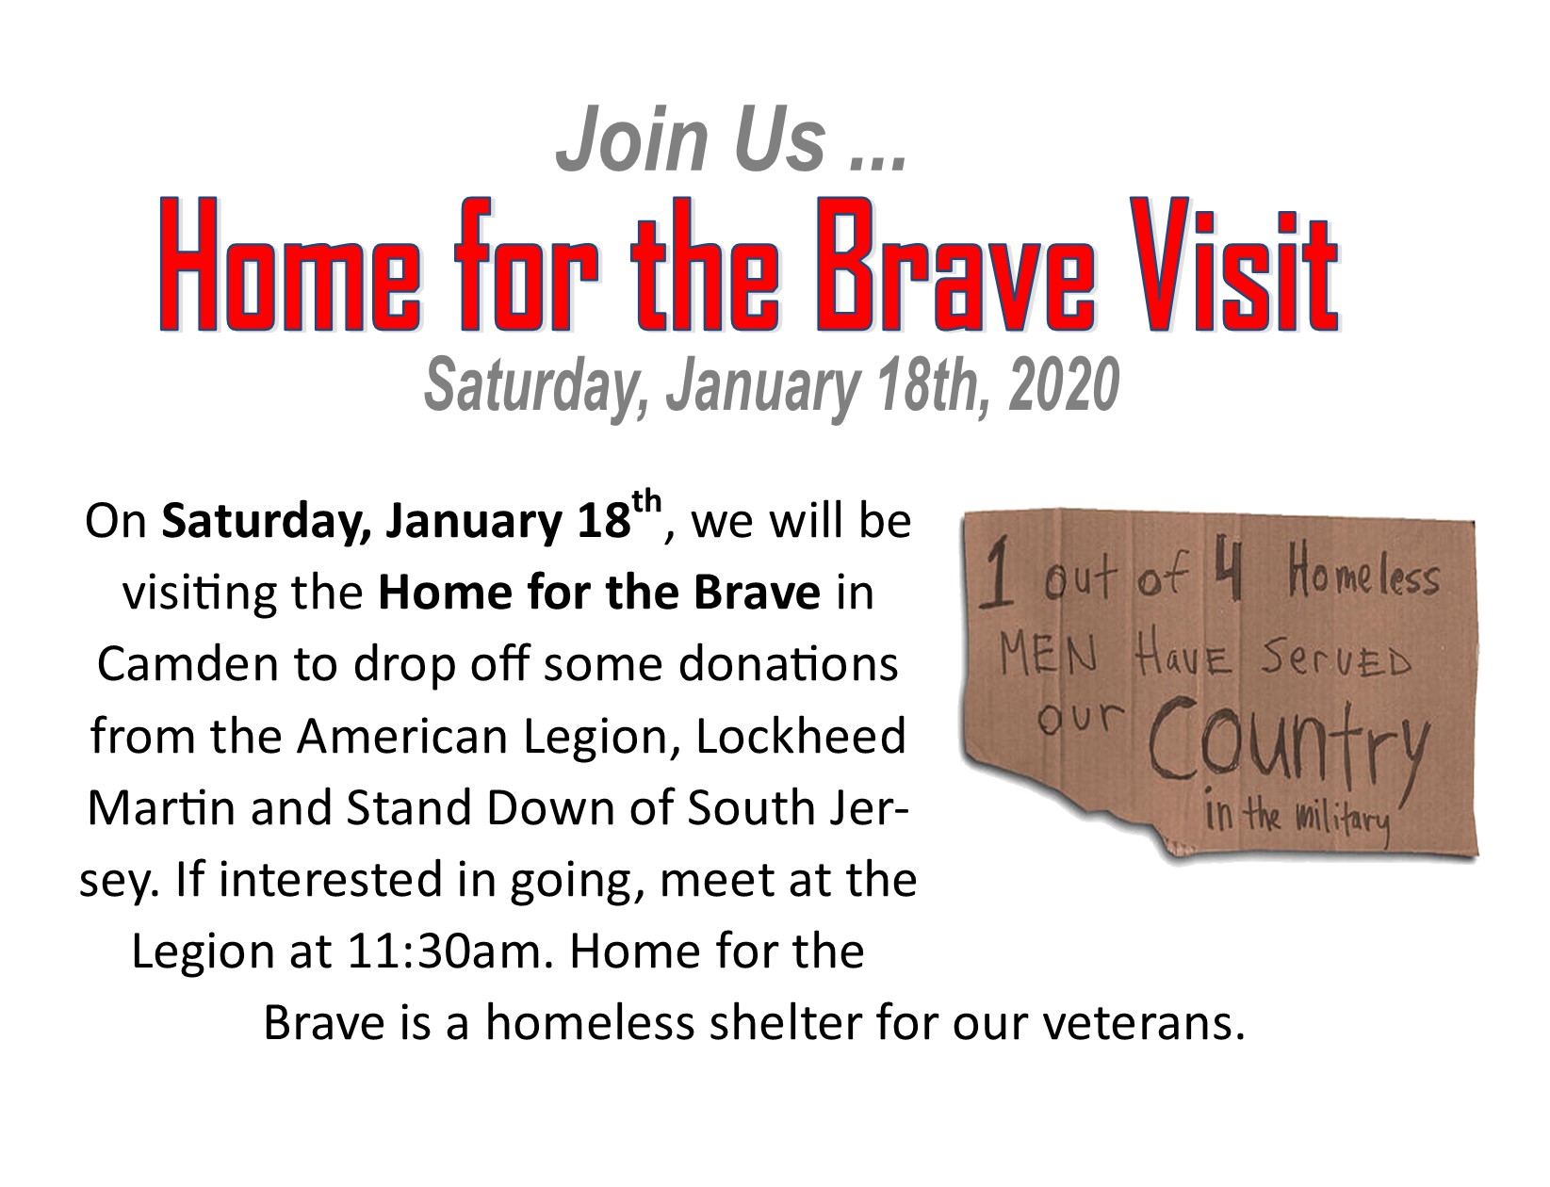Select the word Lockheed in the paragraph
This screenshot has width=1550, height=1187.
(x=800, y=736)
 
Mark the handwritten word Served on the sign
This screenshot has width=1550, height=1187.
(x=1334, y=661)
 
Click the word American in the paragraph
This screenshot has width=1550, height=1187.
(x=404, y=736)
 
